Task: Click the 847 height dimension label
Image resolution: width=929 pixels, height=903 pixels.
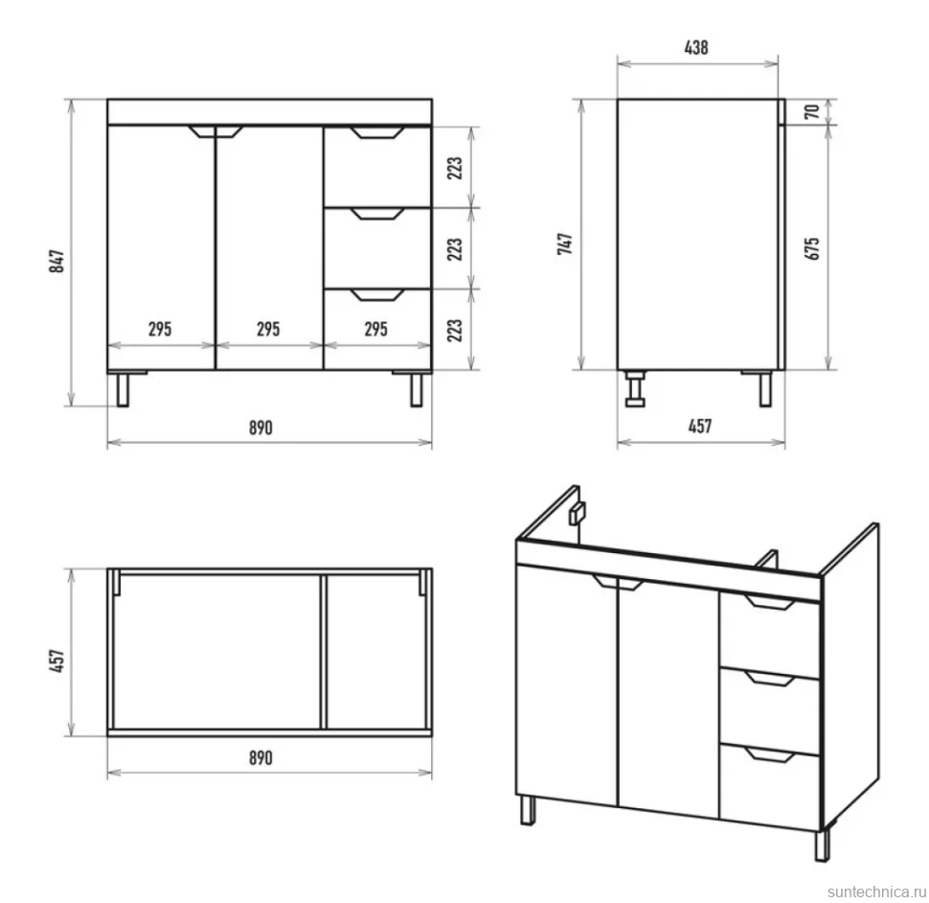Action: [x=57, y=261]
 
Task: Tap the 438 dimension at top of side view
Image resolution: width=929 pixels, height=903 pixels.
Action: [x=696, y=47]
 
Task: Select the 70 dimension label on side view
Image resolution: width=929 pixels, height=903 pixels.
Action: [x=812, y=111]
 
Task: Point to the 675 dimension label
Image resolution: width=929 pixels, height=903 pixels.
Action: [x=812, y=248]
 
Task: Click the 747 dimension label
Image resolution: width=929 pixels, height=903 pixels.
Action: [x=565, y=243]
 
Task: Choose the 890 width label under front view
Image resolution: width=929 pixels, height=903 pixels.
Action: [x=261, y=428]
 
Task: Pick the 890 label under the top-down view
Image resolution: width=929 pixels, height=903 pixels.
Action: [x=261, y=757]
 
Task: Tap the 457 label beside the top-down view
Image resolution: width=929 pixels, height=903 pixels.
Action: [x=57, y=661]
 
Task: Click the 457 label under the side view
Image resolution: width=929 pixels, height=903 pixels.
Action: [x=700, y=427]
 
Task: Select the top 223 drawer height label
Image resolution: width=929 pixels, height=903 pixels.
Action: [x=454, y=169]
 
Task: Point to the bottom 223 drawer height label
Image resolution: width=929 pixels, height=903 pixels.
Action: [x=454, y=331]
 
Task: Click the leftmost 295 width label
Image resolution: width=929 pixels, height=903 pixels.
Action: [x=160, y=329]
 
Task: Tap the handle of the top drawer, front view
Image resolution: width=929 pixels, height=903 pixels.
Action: [x=377, y=132]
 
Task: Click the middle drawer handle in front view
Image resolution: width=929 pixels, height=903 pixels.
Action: [x=377, y=214]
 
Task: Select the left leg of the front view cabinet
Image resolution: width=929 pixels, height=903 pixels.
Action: [x=123, y=389]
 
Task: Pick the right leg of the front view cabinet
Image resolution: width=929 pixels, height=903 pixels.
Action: [x=417, y=389]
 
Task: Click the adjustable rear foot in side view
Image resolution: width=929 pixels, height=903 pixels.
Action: [x=635, y=389]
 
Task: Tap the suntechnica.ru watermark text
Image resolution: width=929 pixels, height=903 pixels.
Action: [x=876, y=891]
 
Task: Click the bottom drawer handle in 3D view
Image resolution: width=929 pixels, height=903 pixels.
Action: [x=770, y=754]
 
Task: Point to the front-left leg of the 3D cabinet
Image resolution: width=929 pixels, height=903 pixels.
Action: [x=528, y=810]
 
